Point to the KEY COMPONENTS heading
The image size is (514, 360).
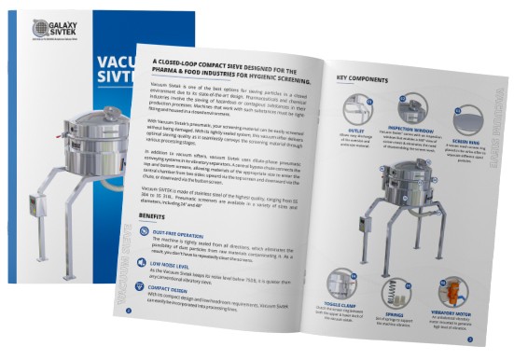(x=368, y=78)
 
